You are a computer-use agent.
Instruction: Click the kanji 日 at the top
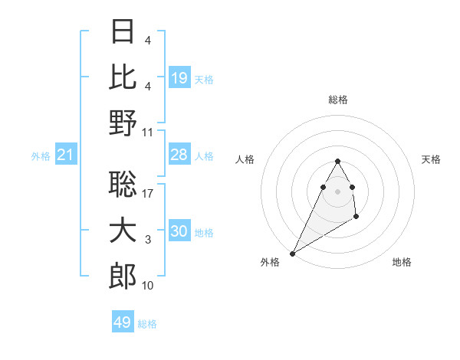click(x=123, y=31)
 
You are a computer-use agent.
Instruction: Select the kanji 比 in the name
click(x=123, y=76)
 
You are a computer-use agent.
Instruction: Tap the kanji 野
click(x=123, y=123)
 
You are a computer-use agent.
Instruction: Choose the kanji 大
click(x=123, y=231)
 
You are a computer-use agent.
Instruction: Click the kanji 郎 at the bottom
click(x=123, y=277)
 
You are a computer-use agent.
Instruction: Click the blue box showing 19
click(x=179, y=77)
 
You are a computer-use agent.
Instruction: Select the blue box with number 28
click(x=179, y=155)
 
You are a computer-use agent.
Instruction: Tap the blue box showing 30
click(x=179, y=232)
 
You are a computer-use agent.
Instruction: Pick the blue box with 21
click(x=66, y=155)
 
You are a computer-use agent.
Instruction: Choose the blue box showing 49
click(x=123, y=322)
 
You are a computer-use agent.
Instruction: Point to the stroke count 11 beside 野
click(x=148, y=133)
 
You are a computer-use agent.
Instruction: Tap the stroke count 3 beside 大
click(x=148, y=241)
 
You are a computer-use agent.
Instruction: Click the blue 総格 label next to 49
click(x=147, y=324)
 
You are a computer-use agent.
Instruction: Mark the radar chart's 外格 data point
click(x=292, y=253)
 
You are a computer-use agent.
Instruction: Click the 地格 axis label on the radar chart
click(x=402, y=262)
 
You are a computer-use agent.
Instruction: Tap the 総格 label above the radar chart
click(x=337, y=100)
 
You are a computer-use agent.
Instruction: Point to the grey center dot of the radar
click(x=337, y=191)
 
